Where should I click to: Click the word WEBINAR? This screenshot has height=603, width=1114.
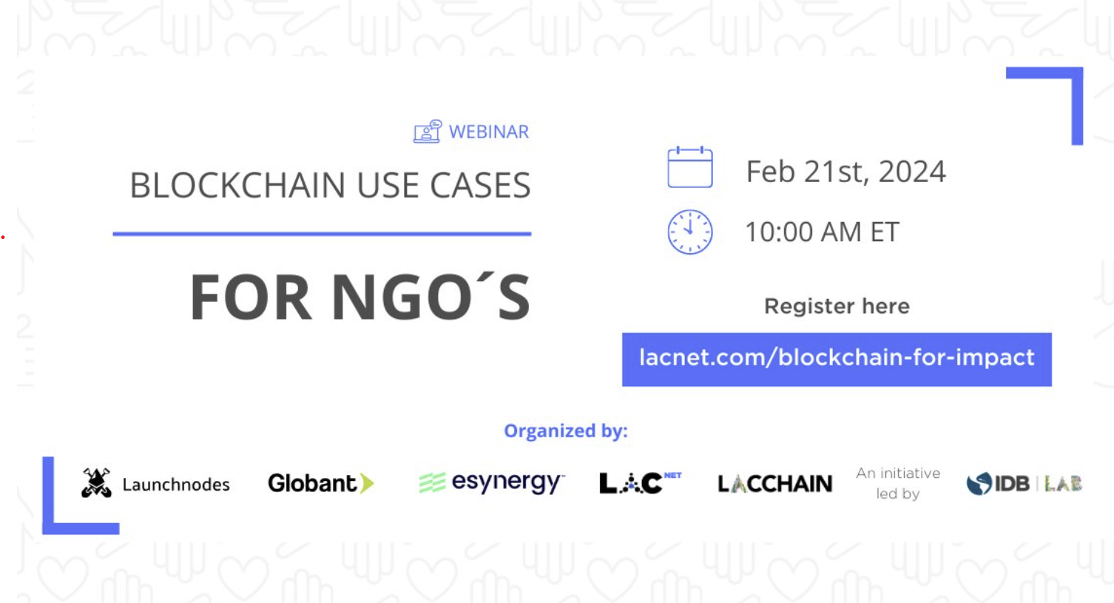489,132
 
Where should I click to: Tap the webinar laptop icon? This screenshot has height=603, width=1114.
428,132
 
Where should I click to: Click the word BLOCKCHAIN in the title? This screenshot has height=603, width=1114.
237,185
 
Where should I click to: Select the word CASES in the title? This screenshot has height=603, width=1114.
480,185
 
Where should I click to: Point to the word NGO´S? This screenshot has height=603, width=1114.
431,297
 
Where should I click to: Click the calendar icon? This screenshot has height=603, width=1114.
690,167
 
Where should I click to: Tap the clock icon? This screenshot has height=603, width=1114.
690,232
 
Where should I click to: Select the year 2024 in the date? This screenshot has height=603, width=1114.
912,172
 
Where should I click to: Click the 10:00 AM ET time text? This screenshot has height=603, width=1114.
823,232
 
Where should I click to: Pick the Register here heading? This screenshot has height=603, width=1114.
837,306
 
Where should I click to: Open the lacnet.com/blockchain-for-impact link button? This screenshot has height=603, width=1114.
837,360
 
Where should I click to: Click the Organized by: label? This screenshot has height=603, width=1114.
566,431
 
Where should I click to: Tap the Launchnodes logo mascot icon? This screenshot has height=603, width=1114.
96,482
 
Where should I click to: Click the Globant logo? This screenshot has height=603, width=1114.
321,483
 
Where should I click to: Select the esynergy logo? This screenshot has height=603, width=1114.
492,482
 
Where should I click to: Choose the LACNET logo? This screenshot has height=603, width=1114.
641,482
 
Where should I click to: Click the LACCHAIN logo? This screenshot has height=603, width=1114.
774,484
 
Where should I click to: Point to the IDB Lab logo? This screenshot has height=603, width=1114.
1024,484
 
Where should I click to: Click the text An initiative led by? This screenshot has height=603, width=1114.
898,483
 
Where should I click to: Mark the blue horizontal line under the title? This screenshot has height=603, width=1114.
323,233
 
